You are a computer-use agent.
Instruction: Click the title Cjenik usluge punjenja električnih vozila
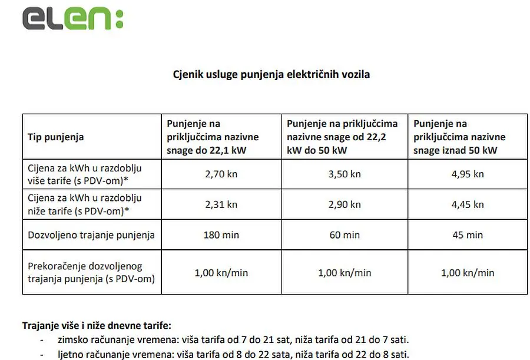271,75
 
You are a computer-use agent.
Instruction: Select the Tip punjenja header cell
56,137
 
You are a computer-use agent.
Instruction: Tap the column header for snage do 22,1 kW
213,137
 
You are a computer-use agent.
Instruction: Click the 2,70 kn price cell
221,174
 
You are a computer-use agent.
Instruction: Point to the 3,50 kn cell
344,174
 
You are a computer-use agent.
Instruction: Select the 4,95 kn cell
467,174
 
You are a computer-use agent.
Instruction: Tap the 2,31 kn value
221,204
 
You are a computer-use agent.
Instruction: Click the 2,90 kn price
344,204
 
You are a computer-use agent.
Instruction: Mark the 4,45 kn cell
467,204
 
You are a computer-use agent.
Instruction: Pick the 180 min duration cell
221,235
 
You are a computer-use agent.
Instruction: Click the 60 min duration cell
344,235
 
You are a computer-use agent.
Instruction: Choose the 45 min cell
467,235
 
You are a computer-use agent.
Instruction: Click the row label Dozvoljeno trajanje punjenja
91,235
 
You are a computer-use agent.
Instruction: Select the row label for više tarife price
85,174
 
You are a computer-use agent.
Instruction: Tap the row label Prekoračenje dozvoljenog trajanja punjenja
91,273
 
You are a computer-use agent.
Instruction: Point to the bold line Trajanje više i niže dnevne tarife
97,325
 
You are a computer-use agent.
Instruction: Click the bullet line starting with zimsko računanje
233,340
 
